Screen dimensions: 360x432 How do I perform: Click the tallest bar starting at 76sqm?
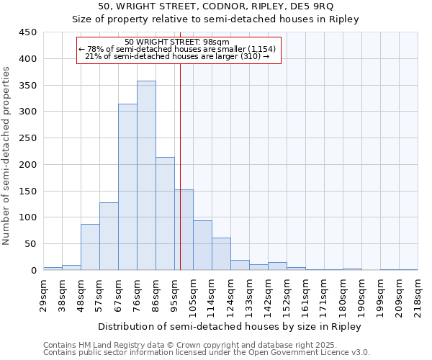146,176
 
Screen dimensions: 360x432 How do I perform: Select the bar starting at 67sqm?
127,187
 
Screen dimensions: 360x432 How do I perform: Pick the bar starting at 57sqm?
109,236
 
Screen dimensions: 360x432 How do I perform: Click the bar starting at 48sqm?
90,247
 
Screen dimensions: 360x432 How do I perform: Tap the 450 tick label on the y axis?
28,32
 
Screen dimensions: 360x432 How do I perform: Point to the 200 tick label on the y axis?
28,165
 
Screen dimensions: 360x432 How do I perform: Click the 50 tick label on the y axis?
31,244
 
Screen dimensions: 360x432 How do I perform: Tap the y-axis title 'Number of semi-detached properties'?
7,155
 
